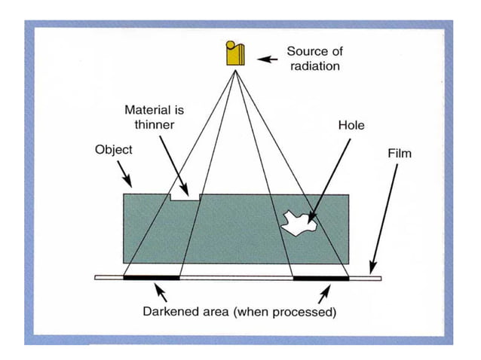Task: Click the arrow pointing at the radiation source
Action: (266, 57)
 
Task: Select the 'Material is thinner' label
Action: (154, 117)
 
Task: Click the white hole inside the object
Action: (297, 221)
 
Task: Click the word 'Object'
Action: (113, 149)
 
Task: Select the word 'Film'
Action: (400, 153)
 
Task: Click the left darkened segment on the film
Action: (152, 278)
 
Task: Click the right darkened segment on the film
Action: (320, 278)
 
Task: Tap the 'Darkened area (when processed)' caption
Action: (239, 311)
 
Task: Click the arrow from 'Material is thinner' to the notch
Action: (173, 162)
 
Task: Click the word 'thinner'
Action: (154, 124)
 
